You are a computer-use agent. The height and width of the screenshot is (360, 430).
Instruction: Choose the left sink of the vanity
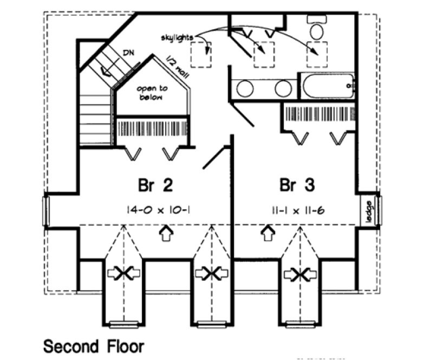pyautogui.click(x=245, y=89)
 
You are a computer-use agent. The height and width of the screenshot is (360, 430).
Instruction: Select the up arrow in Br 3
pyautogui.click(x=266, y=234)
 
